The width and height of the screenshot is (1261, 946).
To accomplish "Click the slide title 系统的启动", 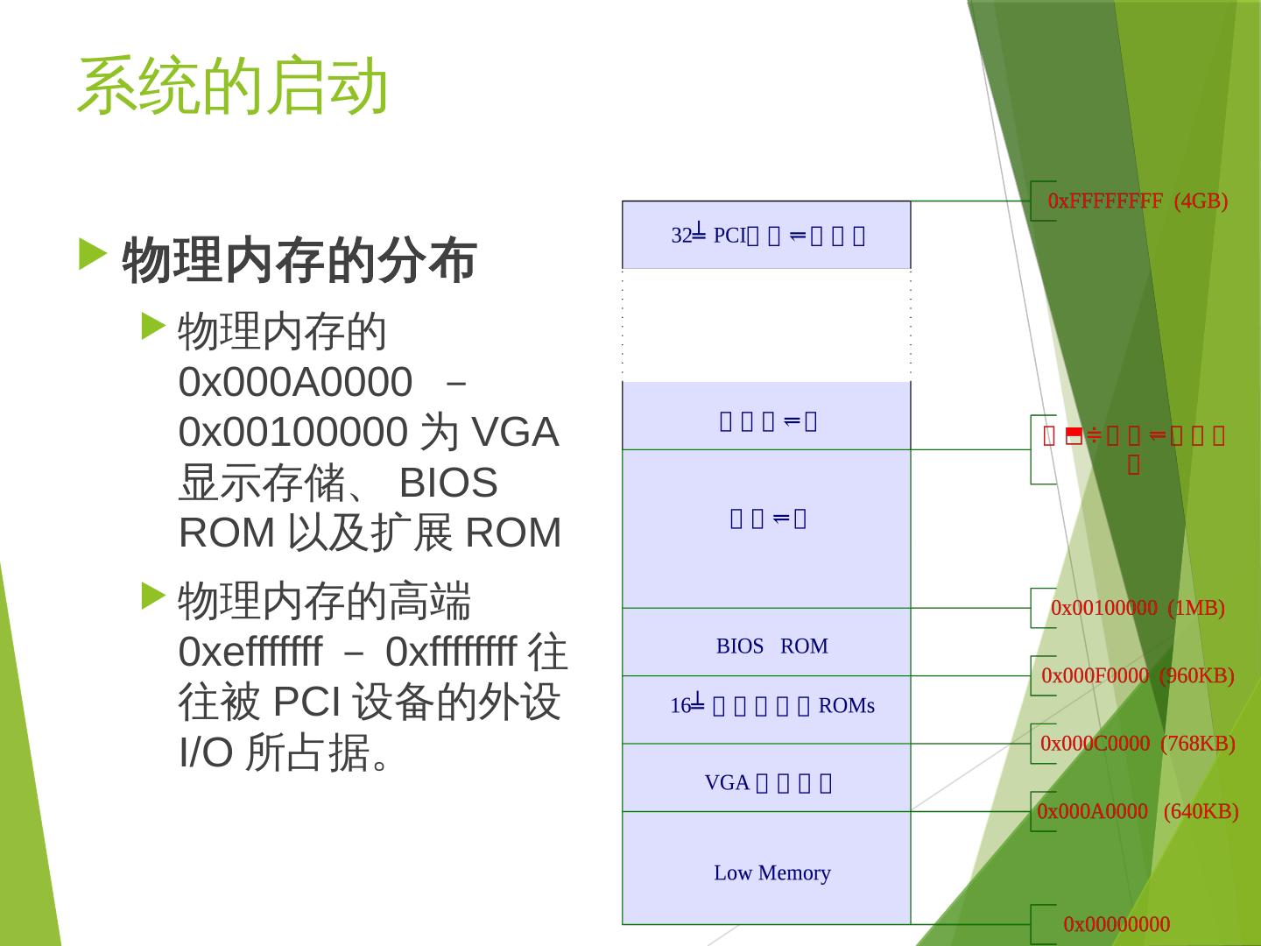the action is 232,87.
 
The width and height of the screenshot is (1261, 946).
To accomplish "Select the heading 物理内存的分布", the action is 299,261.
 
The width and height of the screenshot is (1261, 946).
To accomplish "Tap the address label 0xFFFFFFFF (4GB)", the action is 1138,201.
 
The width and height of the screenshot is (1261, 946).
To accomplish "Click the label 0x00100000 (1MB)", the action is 1138,608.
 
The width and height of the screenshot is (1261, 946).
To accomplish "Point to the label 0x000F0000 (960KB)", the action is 1138,675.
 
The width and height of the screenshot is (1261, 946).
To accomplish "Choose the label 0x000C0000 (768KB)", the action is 1138,744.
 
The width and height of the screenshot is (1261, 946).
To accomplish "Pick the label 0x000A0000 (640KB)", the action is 1138,811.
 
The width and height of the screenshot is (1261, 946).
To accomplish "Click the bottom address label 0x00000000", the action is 1117,924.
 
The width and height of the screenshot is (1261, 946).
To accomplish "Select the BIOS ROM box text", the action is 771,646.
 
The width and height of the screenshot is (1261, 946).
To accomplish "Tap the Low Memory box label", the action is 771,872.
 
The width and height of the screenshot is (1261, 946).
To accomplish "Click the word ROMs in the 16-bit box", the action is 846,706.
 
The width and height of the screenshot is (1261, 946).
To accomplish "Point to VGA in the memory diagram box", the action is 727,782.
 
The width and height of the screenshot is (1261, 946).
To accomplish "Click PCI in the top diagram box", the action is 729,235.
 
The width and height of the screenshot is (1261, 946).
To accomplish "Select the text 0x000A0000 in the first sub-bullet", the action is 294,382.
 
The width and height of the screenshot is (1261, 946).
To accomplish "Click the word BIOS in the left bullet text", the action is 448,483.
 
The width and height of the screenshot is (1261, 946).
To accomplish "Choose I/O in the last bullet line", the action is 205,752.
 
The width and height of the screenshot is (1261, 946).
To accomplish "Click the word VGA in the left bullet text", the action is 515,433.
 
